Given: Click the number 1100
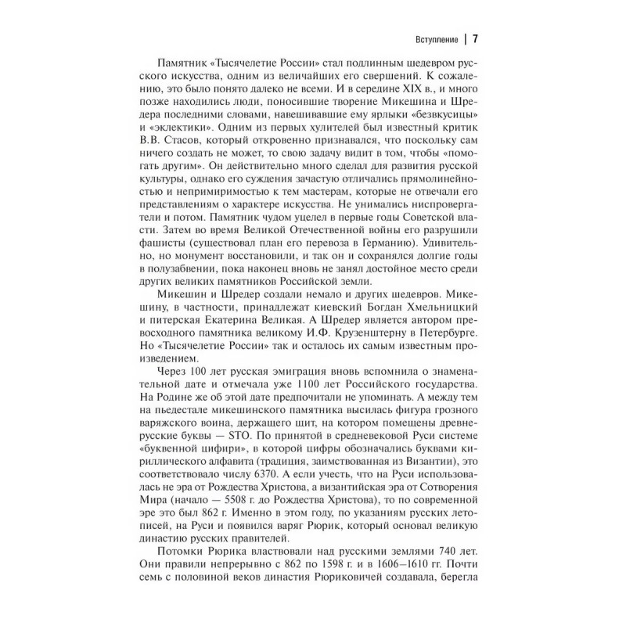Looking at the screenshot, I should click(330, 388).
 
